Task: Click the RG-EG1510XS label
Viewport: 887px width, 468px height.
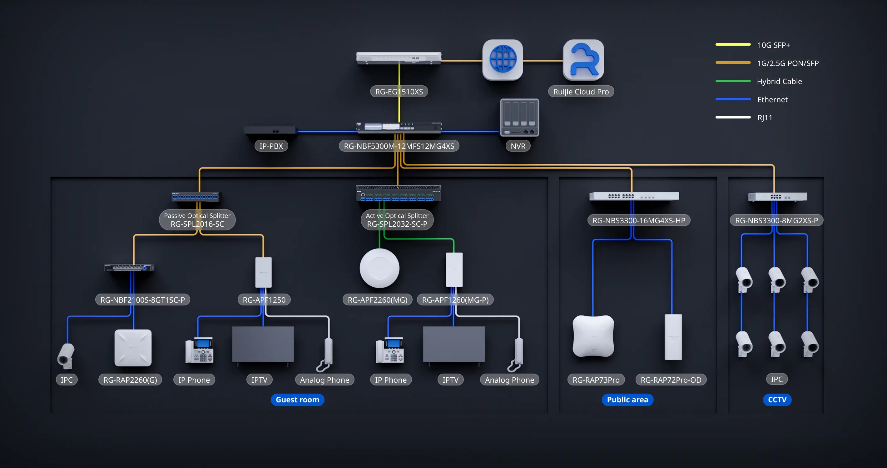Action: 399,92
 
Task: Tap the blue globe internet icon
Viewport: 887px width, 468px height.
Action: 503,59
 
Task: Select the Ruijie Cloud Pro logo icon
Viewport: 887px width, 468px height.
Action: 583,59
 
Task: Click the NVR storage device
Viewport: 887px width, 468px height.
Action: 519,118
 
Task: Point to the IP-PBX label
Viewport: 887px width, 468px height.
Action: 271,146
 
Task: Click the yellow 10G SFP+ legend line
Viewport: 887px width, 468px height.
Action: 733,44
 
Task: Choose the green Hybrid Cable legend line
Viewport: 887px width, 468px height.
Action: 733,81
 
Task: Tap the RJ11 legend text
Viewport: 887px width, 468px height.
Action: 765,118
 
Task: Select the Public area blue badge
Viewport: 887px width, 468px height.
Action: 627,400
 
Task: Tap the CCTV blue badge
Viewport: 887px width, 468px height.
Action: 777,400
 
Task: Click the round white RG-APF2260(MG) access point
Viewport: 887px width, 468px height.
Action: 379,268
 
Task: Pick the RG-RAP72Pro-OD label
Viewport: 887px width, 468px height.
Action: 671,380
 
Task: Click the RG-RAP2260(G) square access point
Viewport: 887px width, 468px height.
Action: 133,348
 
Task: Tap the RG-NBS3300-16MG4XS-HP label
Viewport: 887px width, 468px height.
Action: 638,221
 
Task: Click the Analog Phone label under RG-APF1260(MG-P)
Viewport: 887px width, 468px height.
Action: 509,380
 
